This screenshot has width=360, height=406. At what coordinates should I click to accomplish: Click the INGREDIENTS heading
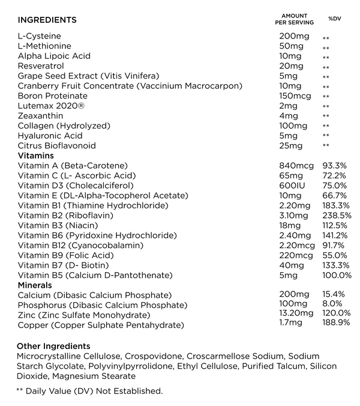tap(47, 20)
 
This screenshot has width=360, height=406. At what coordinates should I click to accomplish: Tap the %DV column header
tap(334, 19)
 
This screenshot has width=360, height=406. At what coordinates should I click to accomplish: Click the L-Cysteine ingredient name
tap(40, 36)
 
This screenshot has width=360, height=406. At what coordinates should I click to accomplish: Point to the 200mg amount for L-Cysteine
tap(292, 36)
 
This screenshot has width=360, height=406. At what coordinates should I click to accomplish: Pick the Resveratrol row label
tap(41, 66)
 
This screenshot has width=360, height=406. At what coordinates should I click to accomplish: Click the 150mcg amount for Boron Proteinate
tap(294, 96)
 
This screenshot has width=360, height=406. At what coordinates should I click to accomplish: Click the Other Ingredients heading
tap(53, 347)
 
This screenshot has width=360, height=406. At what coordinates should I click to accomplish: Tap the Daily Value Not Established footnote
tap(89, 391)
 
